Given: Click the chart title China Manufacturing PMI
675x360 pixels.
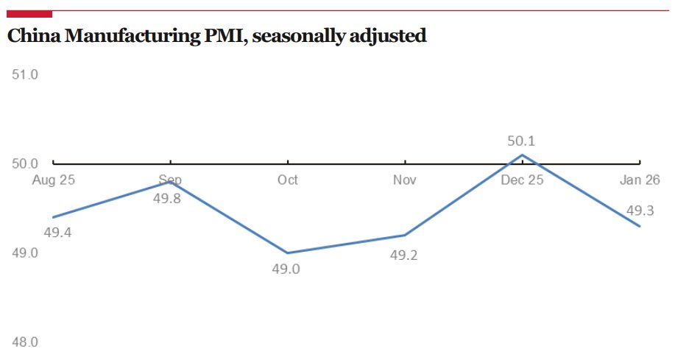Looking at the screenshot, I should coord(216,35).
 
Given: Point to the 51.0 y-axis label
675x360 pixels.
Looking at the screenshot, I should coord(25,74).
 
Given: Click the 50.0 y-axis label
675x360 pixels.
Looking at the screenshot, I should coord(25,164).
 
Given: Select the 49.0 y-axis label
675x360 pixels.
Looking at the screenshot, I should coord(25,253).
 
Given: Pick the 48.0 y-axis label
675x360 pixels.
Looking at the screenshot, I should coord(25,342).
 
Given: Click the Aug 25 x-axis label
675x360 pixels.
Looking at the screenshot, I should coord(53,180).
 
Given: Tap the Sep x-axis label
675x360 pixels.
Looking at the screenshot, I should coord(170,180).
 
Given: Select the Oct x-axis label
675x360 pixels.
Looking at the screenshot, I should coord(287,180).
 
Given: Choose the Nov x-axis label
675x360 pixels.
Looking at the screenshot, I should coord(405,180).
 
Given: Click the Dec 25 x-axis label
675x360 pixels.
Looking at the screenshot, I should coord(522,180).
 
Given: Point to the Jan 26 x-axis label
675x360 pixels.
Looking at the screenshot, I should coord(640,180).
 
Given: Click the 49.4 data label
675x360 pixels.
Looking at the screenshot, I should coord(57,233).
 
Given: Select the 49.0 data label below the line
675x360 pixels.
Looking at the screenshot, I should coord(286,269).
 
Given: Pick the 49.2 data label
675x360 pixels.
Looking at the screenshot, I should coord(403,254).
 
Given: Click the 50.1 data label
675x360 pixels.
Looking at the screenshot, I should coord(521,141).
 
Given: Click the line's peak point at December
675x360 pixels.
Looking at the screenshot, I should coord(522,155).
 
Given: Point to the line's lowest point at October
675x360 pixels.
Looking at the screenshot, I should coord(288,253).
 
